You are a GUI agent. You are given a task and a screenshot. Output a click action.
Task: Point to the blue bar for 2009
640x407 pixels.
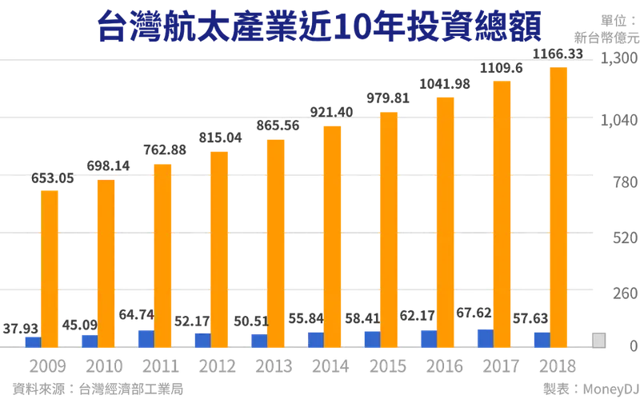coord(32,342)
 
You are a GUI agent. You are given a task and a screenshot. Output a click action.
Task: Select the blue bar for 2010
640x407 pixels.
coord(89,341)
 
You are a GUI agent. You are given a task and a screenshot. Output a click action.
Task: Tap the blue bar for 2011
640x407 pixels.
coord(145,338)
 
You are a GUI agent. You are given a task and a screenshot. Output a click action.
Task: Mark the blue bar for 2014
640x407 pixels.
coord(315,340)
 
